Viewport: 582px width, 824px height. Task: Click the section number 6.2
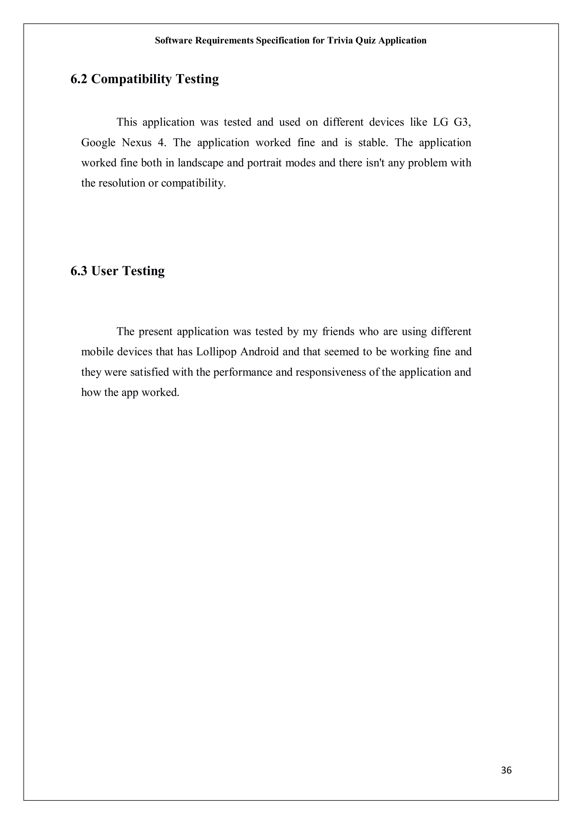point(79,79)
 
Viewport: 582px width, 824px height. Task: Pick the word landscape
point(200,163)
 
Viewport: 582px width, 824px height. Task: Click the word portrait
point(264,163)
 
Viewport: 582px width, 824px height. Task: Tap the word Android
point(259,352)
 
